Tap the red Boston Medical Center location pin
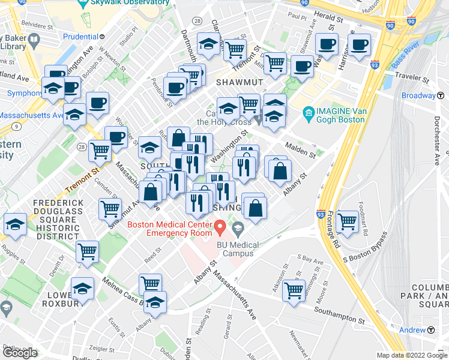[220, 228]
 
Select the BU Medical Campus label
[237, 249]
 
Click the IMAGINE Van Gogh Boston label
[340, 115]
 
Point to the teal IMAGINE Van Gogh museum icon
[309, 112]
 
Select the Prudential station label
[80, 36]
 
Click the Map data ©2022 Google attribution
[411, 355]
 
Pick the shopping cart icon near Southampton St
[294, 291]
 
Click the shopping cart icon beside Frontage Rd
[348, 221]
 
